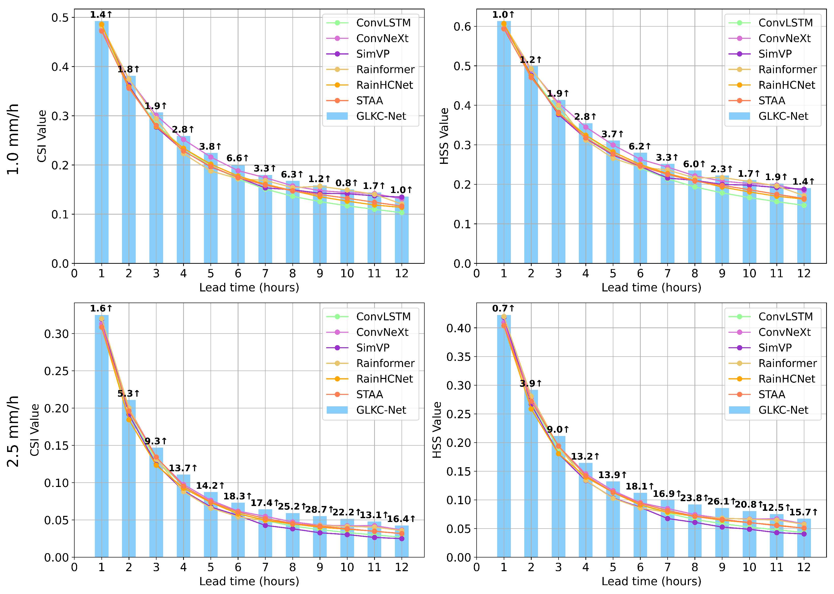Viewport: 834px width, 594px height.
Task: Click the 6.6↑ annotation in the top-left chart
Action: tap(237, 158)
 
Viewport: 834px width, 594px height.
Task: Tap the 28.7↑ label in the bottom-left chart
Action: tap(319, 510)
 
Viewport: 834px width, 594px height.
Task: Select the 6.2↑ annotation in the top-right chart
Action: tap(639, 146)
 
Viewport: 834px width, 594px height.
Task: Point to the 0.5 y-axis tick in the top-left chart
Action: tap(60, 18)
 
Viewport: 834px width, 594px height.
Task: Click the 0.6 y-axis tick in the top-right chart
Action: tap(462, 26)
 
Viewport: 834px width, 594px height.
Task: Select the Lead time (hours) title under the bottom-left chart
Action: tap(249, 581)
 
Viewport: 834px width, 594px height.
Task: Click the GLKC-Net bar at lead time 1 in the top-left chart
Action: tap(102, 142)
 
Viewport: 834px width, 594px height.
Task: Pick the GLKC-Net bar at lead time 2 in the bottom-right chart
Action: tap(531, 474)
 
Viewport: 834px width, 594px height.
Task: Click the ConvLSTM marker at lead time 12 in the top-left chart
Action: tap(402, 213)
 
